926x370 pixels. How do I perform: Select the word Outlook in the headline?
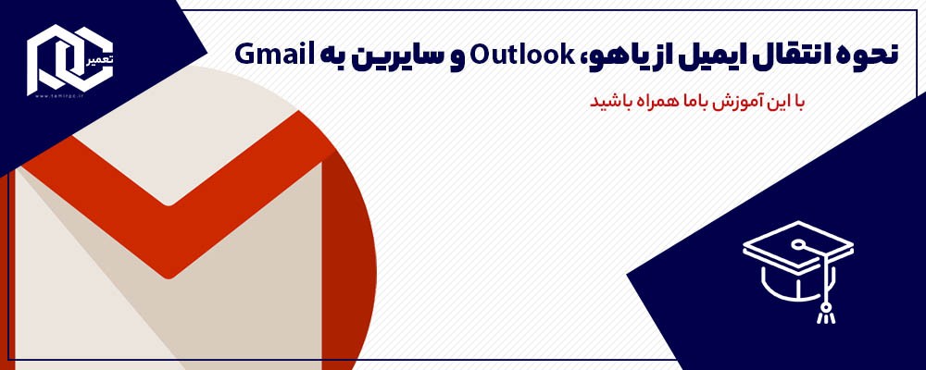click(510, 55)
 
